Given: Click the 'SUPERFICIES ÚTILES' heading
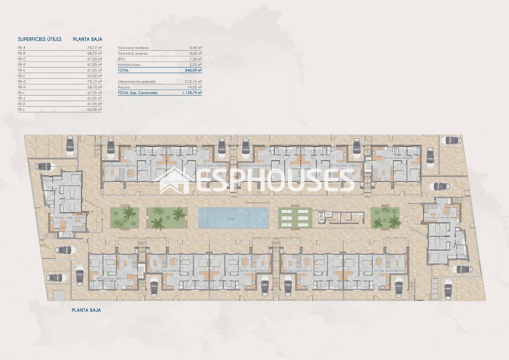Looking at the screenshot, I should [40, 39].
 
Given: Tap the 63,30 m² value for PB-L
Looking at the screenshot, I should [95, 110].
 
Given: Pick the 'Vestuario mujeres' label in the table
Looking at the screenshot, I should [133, 53].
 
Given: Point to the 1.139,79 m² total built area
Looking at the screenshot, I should [192, 93].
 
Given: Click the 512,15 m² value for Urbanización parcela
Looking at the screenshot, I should [193, 82].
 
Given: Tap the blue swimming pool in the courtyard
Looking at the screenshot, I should [233, 218].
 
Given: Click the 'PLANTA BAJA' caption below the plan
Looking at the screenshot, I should [86, 310].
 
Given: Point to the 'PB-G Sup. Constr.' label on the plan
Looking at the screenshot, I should [440, 218].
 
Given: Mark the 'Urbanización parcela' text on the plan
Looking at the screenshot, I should [258, 203].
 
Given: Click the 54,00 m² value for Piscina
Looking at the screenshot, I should [195, 87].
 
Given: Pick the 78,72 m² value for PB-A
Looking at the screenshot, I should [95, 48].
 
